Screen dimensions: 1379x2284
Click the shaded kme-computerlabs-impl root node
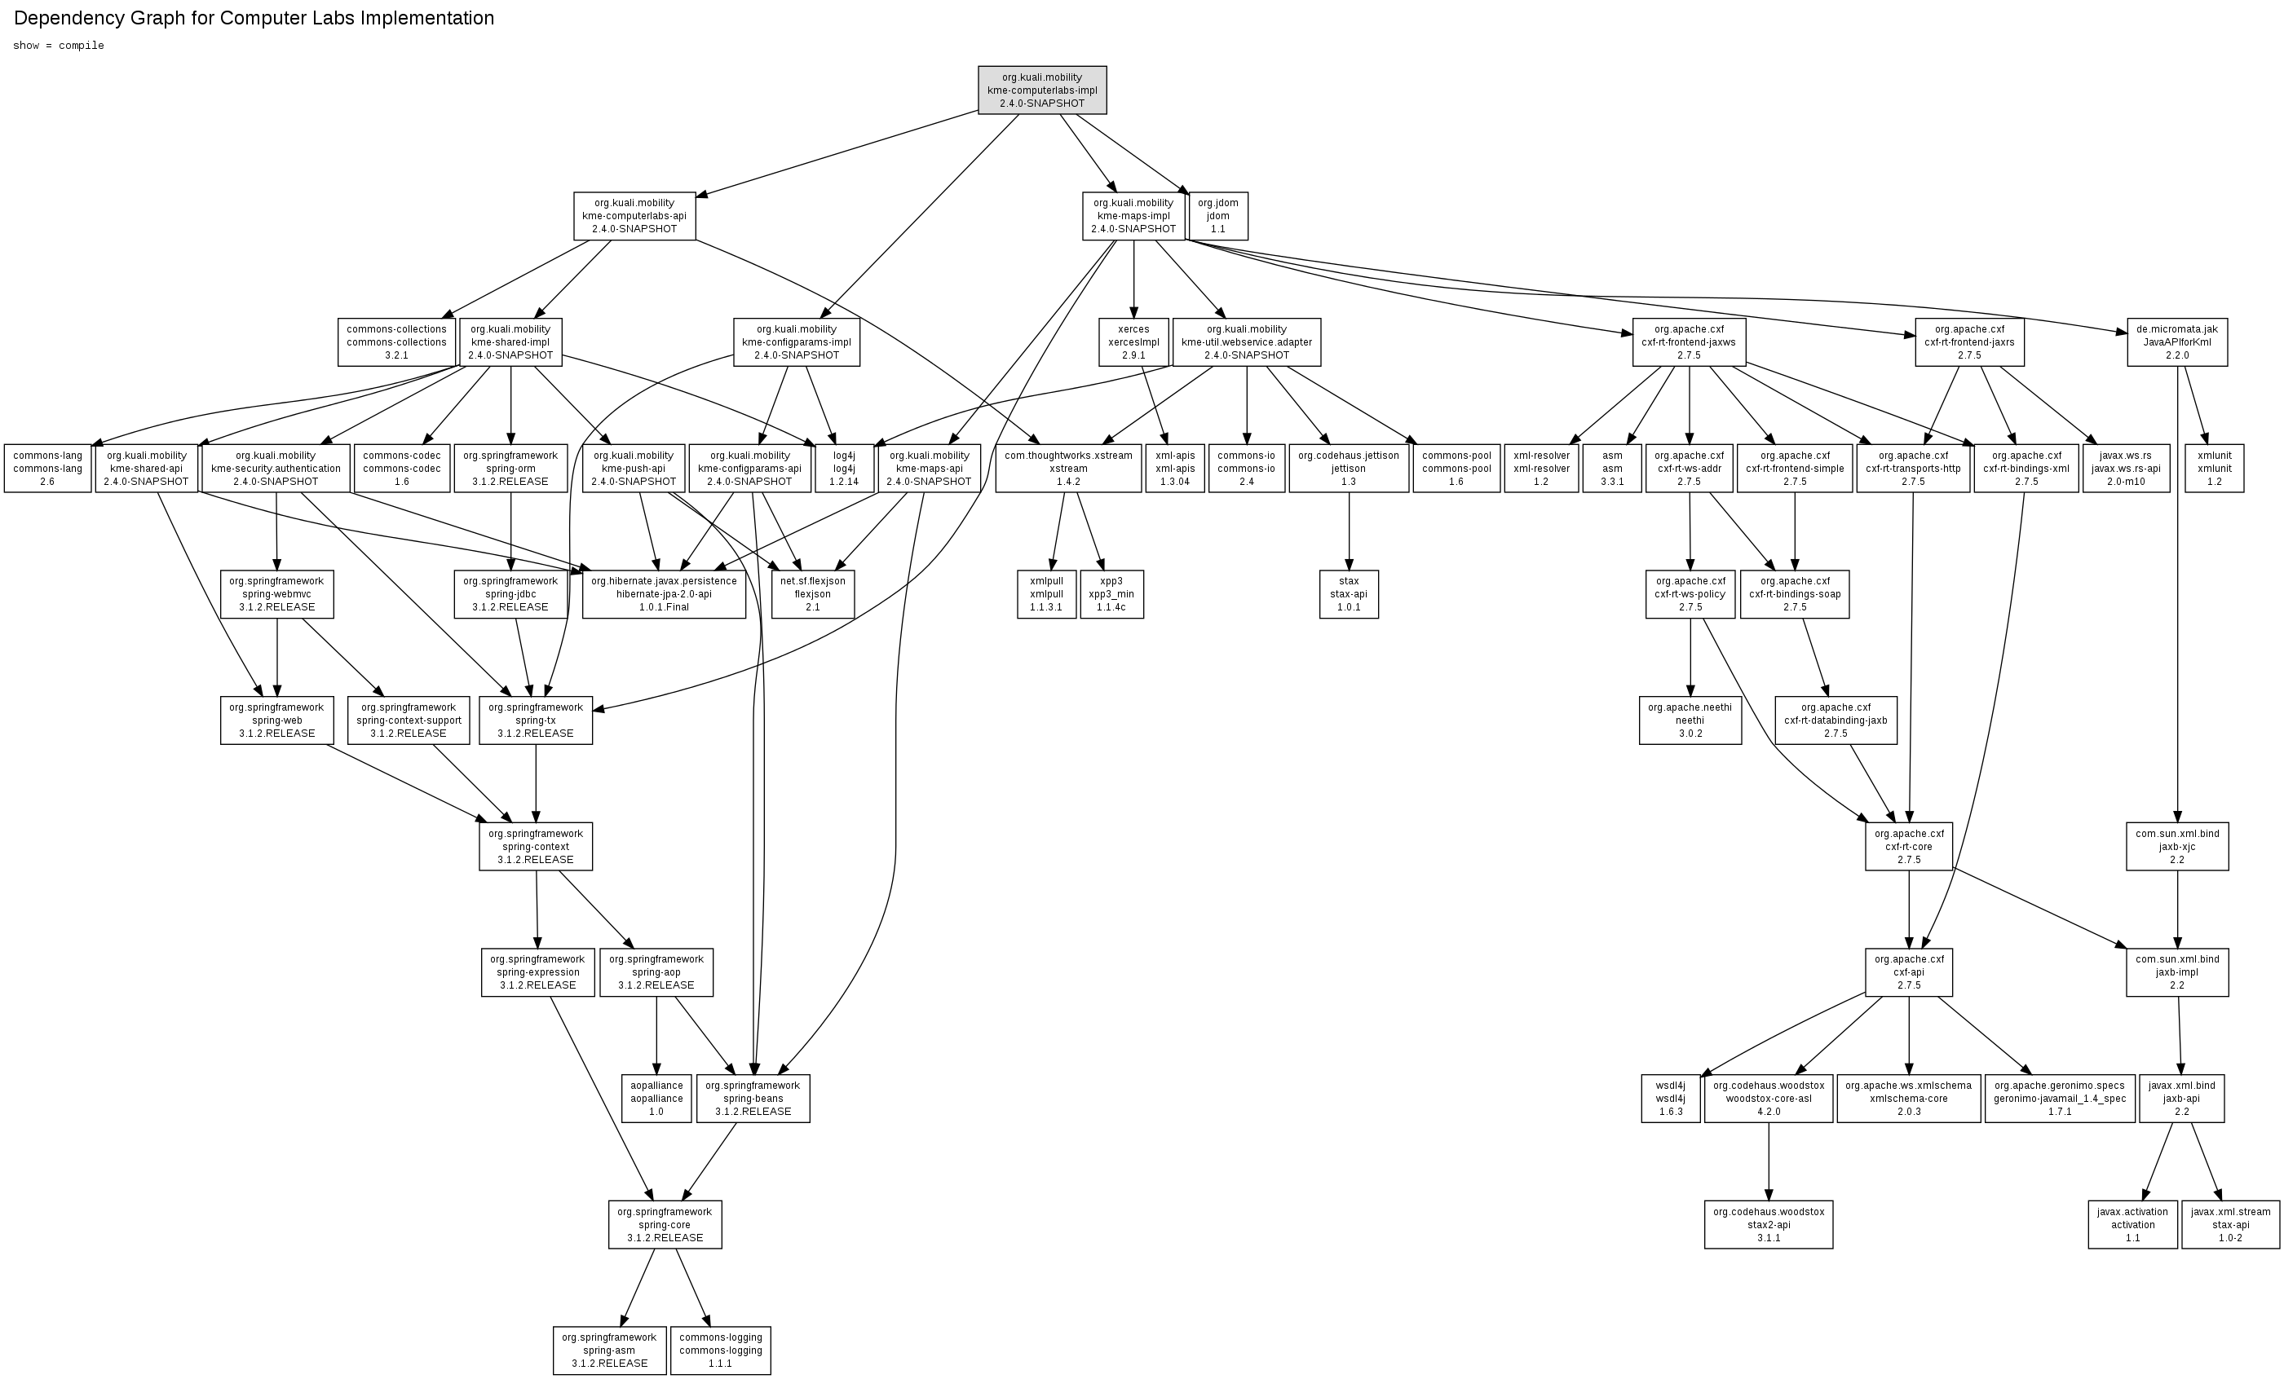point(1042,90)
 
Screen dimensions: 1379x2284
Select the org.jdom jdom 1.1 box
point(1217,216)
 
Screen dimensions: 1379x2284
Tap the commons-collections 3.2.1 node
point(397,342)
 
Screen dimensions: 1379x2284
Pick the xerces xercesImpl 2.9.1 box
point(1133,342)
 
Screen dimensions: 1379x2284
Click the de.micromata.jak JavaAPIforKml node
point(2176,342)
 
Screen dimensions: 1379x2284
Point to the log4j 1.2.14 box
point(843,468)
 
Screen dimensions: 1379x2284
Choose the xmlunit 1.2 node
point(2214,468)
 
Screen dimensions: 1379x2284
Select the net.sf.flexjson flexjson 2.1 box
point(812,594)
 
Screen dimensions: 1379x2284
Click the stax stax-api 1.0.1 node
point(1349,594)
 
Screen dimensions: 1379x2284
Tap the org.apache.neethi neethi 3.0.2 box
point(1690,720)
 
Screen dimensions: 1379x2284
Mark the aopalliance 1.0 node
point(656,1098)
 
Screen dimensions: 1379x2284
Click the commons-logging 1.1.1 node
point(720,1350)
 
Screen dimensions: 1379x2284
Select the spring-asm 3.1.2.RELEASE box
point(609,1350)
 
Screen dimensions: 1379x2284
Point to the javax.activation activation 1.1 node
point(2132,1224)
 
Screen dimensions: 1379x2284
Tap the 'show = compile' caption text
point(59,46)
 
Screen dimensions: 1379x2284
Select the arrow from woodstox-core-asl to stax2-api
point(1769,1162)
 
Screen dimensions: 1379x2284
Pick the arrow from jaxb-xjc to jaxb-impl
point(2177,909)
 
